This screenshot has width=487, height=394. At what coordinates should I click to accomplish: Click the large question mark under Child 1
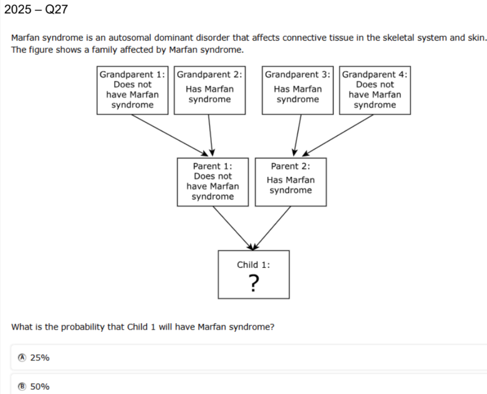pyautogui.click(x=254, y=283)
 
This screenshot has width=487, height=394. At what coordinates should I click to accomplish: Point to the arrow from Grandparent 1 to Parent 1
pyautogui.click(x=170, y=135)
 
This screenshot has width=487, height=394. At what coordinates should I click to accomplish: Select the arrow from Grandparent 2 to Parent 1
pyautogui.click(x=210, y=135)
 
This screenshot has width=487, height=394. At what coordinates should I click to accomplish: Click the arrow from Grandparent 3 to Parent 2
pyautogui.click(x=297, y=135)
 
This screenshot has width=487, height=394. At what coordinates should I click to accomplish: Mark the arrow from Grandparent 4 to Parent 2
pyautogui.click(x=338, y=135)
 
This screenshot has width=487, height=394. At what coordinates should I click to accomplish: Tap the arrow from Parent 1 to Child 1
pyautogui.click(x=233, y=228)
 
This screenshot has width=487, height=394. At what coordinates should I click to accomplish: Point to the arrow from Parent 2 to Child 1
pyautogui.click(x=272, y=228)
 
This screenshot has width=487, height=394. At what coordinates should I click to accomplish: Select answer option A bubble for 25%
pyautogui.click(x=22, y=358)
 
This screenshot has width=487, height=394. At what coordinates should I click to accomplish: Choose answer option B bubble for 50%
pyautogui.click(x=22, y=387)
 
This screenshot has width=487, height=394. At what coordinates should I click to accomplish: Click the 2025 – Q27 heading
pyautogui.click(x=36, y=9)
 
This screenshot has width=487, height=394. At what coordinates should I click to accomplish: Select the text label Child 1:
pyautogui.click(x=254, y=265)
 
